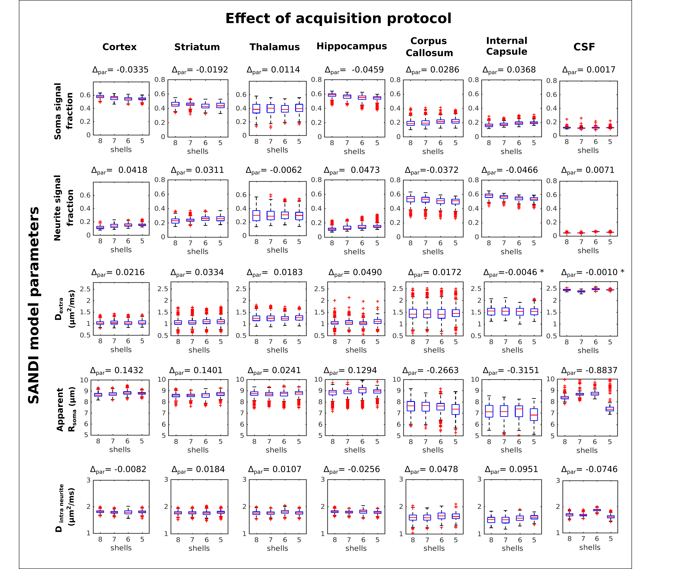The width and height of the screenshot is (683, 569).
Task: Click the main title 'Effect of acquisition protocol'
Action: [338, 19]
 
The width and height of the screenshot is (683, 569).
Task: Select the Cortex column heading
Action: [119, 47]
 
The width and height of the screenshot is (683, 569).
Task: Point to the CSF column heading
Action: [584, 47]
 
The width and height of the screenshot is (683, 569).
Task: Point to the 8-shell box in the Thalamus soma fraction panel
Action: [256, 109]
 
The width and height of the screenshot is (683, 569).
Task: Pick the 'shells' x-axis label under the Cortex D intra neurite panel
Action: [121, 548]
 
